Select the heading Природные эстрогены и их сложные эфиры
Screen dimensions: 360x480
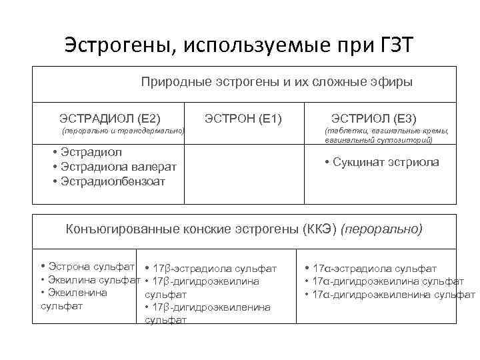(277, 82)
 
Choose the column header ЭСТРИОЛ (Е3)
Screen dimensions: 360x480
(374, 119)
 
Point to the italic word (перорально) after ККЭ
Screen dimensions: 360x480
(381, 229)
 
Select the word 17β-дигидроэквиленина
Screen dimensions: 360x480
(211, 307)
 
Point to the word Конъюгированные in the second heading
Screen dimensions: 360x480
(115, 229)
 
